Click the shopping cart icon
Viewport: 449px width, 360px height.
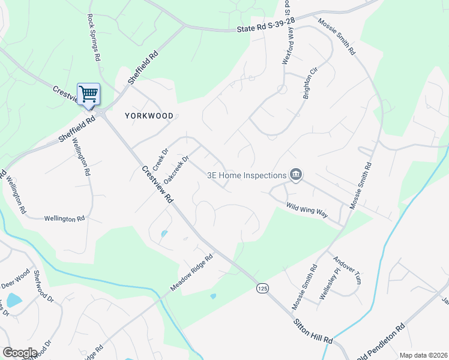coord(88,94)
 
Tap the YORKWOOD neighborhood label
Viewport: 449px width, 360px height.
coord(149,116)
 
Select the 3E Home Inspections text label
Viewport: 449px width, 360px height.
coord(246,176)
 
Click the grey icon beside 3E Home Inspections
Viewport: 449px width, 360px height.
coord(296,175)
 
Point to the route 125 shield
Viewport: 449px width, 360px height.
coord(262,289)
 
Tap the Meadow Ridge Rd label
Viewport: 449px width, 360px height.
coord(191,274)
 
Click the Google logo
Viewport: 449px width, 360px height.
coord(20,353)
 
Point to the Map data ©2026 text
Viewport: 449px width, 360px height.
coord(423,355)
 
